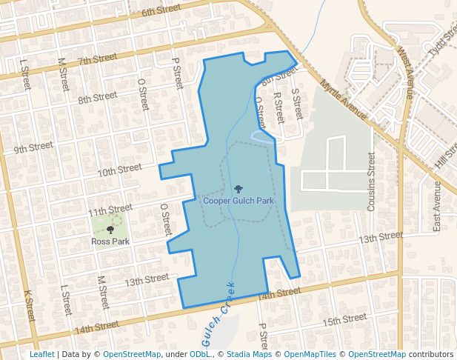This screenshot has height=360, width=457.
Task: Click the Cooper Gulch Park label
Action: click(238, 201)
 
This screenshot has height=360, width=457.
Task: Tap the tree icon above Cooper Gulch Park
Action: click(238, 190)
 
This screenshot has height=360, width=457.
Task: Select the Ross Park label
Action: click(110, 241)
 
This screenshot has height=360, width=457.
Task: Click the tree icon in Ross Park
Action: click(110, 231)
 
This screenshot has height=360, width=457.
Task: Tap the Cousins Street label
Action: click(372, 181)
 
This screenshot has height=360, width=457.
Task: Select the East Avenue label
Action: click(437, 205)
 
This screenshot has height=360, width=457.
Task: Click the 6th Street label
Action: click(161, 11)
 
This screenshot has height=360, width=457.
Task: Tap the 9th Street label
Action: click(33, 147)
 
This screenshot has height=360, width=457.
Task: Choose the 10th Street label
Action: click(120, 170)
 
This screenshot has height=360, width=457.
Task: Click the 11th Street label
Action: click(110, 210)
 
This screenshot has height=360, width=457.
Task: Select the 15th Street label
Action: click(344, 319)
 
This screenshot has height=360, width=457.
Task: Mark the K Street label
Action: click(30, 305)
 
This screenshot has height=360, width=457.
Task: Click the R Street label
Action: click(278, 107)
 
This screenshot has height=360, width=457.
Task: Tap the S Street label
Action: click(297, 104)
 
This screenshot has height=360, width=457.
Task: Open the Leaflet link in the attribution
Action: click(41, 354)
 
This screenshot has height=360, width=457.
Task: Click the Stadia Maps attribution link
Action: click(249, 354)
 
